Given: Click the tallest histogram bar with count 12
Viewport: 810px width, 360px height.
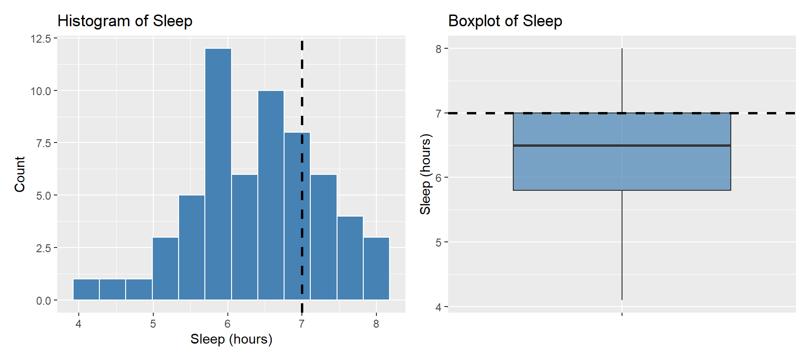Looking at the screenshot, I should [218, 173].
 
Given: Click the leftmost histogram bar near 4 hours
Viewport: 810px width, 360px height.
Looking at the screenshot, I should [86, 289].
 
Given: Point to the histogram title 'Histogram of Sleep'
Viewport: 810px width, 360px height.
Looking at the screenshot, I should [125, 21].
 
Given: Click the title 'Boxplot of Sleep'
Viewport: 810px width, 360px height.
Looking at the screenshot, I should [505, 21].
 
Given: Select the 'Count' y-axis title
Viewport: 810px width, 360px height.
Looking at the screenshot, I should [20, 174].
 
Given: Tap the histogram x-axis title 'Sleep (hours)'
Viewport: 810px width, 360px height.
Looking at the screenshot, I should [231, 339].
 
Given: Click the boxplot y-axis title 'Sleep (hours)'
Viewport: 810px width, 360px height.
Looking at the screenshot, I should [425, 174].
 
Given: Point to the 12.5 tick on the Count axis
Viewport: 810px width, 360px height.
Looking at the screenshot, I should [41, 39].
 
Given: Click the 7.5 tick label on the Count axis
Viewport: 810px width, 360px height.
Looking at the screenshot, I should [43, 143].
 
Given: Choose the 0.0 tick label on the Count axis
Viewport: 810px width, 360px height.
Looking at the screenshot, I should [43, 300].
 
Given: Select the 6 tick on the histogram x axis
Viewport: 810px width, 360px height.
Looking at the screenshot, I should [227, 324].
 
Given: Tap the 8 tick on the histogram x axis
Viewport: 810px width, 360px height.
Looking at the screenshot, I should [376, 324].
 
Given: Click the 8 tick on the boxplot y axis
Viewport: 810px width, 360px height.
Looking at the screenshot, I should [439, 49].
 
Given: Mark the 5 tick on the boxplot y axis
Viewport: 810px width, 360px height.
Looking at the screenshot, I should [439, 242].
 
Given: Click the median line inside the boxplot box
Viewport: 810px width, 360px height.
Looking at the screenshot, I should [622, 145].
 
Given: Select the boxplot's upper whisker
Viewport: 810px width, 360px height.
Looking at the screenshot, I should [622, 80].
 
